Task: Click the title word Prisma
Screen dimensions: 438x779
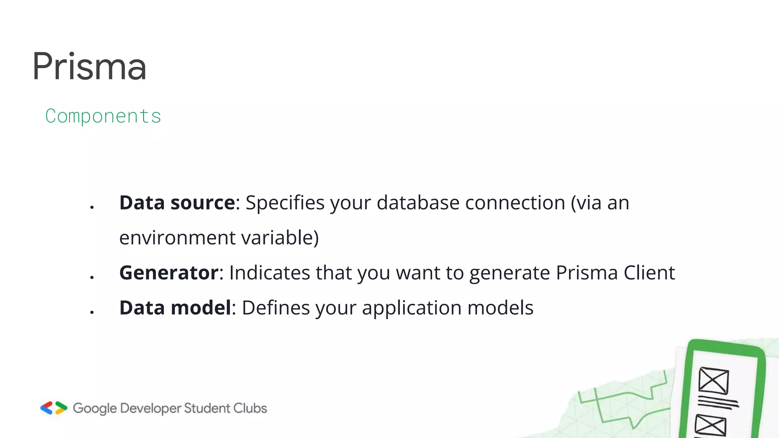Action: (89, 67)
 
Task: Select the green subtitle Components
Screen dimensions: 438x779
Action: (103, 116)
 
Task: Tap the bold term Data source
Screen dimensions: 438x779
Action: (177, 203)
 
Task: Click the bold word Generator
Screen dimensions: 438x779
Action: (169, 273)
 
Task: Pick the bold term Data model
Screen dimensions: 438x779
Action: (175, 308)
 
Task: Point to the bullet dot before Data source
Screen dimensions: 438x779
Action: (92, 207)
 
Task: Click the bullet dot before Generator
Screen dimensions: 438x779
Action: (92, 277)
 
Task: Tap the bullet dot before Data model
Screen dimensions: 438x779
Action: (92, 312)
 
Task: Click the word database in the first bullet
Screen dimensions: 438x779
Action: (418, 203)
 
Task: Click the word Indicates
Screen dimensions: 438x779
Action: (269, 273)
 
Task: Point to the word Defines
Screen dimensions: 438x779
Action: (276, 308)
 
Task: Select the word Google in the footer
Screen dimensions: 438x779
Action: (95, 409)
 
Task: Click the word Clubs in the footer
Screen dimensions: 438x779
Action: (250, 408)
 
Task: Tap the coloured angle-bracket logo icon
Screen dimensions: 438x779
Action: (54, 408)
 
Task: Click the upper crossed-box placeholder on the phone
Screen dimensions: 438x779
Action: (714, 381)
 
